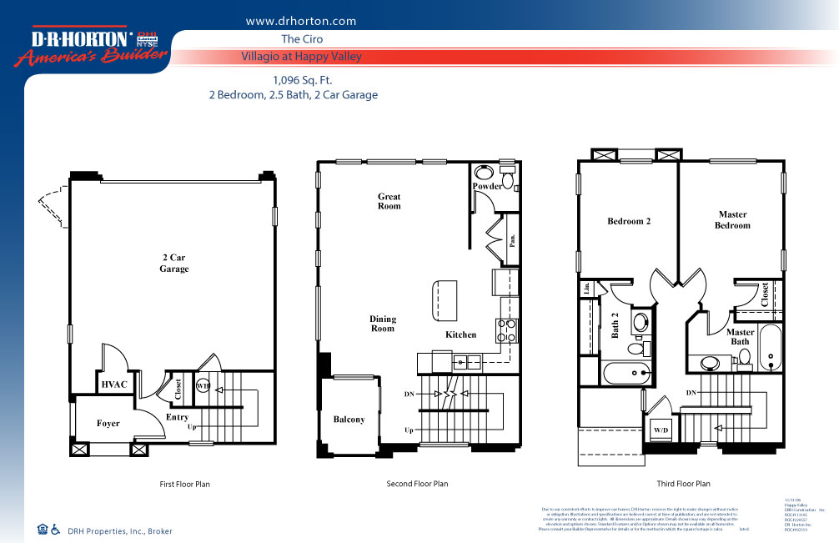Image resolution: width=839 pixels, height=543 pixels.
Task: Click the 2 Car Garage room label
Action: click(174, 264)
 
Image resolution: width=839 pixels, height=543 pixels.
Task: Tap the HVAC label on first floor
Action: click(113, 385)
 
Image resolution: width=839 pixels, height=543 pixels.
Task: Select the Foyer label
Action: click(108, 424)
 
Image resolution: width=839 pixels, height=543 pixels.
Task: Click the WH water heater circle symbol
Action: click(202, 386)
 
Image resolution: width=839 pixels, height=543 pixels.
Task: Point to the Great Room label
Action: click(389, 201)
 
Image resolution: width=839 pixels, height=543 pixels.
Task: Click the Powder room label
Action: click(487, 186)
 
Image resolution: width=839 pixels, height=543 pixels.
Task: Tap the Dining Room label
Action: click(383, 324)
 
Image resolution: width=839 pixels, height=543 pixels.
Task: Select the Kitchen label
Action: click(460, 334)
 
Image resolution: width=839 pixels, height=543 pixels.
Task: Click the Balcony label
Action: click(349, 420)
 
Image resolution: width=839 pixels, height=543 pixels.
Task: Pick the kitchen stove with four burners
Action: click(505, 331)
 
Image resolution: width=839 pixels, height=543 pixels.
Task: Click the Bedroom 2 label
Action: click(628, 221)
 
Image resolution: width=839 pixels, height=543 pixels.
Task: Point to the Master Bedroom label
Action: click(732, 220)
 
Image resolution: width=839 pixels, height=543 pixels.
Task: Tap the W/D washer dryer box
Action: click(661, 430)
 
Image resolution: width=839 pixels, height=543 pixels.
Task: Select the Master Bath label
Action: click(740, 336)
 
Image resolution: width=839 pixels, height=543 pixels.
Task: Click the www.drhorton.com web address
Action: click(301, 22)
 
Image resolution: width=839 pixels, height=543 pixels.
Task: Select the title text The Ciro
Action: click(302, 39)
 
